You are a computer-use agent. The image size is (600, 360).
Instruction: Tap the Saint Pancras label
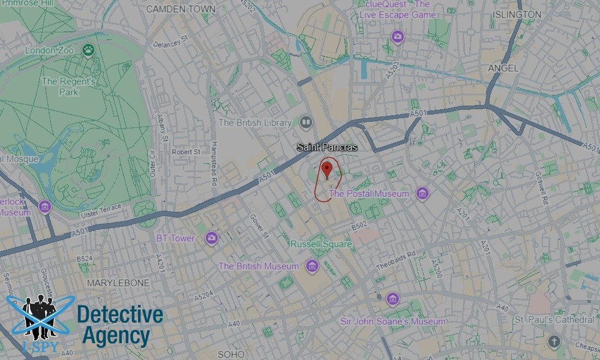coord(327,147)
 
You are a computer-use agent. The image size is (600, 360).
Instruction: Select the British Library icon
coord(306,123)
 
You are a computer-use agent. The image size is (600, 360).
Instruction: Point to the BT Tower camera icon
coord(211,238)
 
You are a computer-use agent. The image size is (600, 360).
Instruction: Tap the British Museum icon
coord(311,266)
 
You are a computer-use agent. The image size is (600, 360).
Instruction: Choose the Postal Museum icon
coord(423,194)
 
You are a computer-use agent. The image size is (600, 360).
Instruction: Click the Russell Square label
coord(321,245)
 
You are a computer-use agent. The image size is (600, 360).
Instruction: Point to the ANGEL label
coord(503,68)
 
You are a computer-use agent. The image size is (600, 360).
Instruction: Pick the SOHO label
coord(231,354)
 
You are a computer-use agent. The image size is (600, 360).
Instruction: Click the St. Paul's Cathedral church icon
coord(554,343)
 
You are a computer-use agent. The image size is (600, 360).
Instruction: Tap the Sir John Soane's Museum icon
coord(393,299)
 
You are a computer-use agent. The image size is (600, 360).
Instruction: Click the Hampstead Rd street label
coord(214,164)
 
